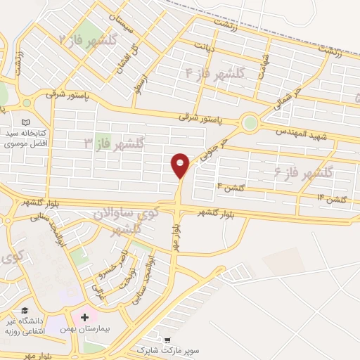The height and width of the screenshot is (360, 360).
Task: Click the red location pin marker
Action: click(181, 165)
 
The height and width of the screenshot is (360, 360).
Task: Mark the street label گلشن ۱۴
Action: click(333, 199)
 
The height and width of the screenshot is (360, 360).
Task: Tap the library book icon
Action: click(26, 122)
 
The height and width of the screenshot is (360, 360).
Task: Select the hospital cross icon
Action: click(85, 319)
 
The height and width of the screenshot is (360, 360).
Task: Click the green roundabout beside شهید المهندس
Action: click(249, 124)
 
